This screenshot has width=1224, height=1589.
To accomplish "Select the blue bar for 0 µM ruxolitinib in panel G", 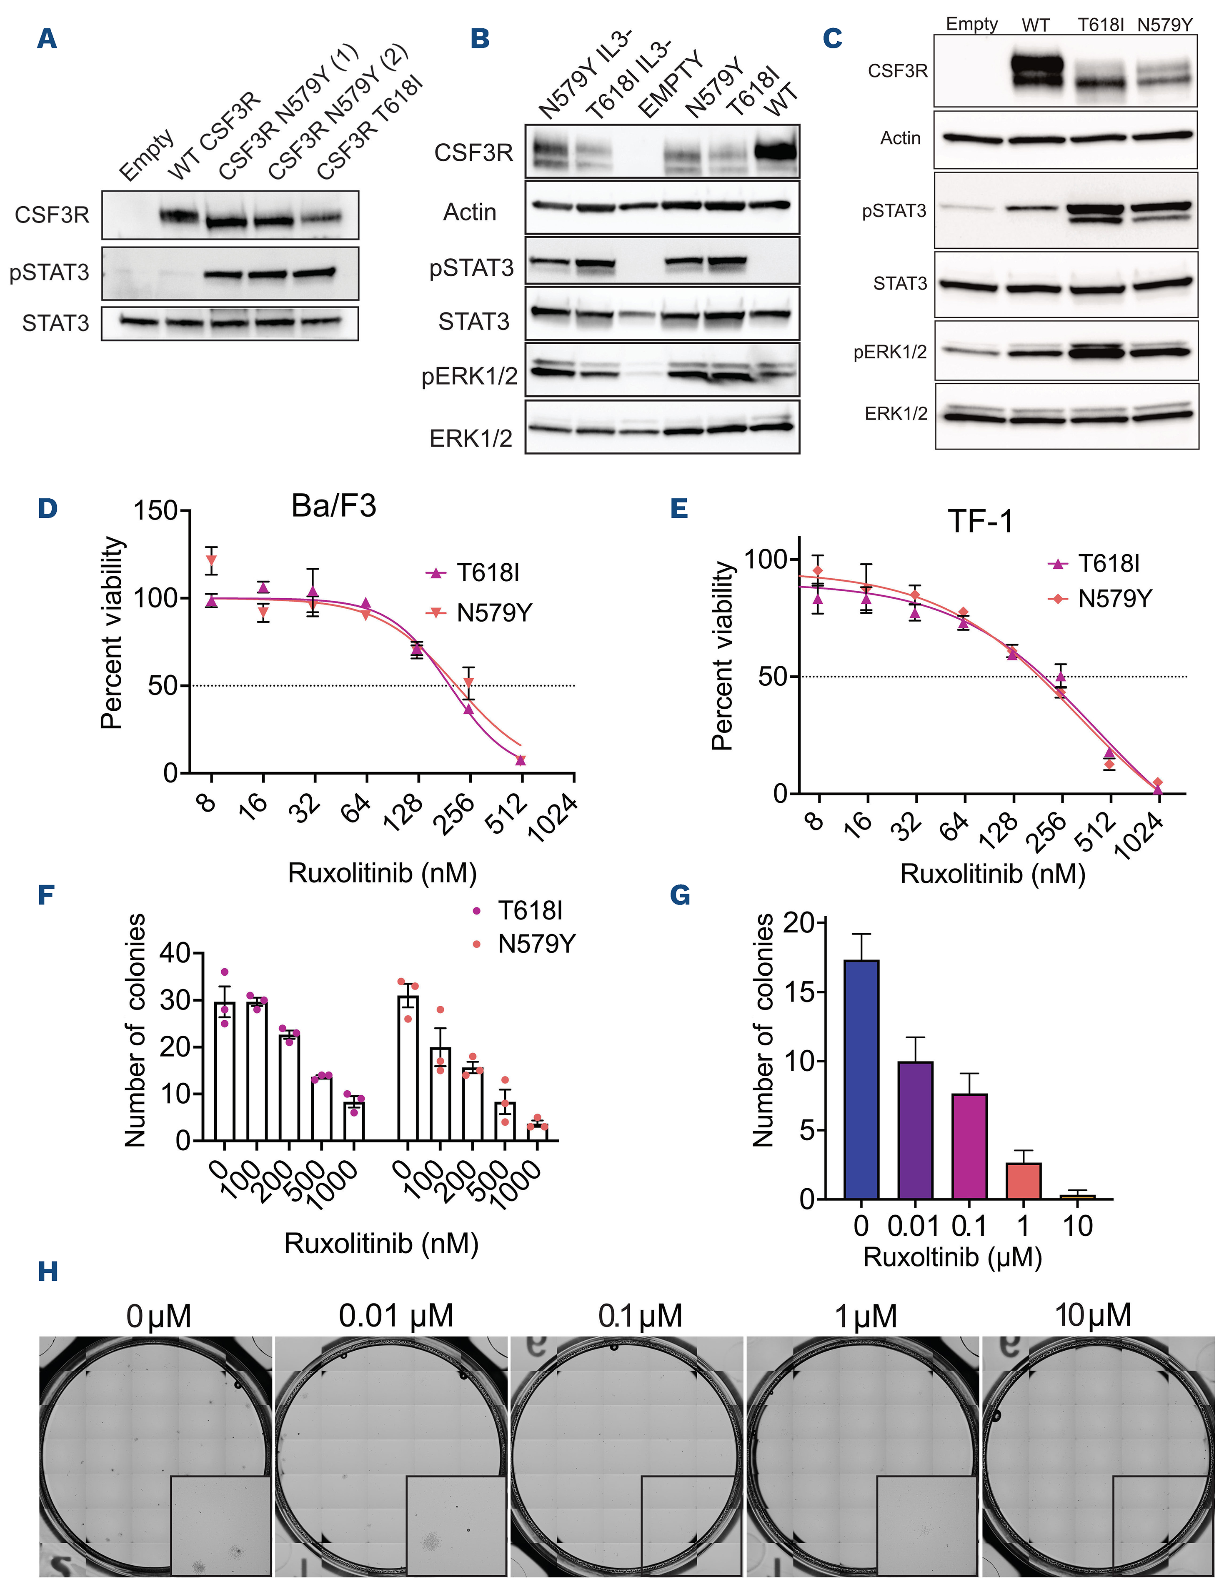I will point(861,1080).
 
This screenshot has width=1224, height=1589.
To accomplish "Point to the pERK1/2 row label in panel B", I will point(469,376).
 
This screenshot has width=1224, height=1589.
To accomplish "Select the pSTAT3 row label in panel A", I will point(50,273).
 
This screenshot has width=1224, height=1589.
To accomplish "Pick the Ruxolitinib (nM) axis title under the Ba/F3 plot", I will point(382,872).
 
